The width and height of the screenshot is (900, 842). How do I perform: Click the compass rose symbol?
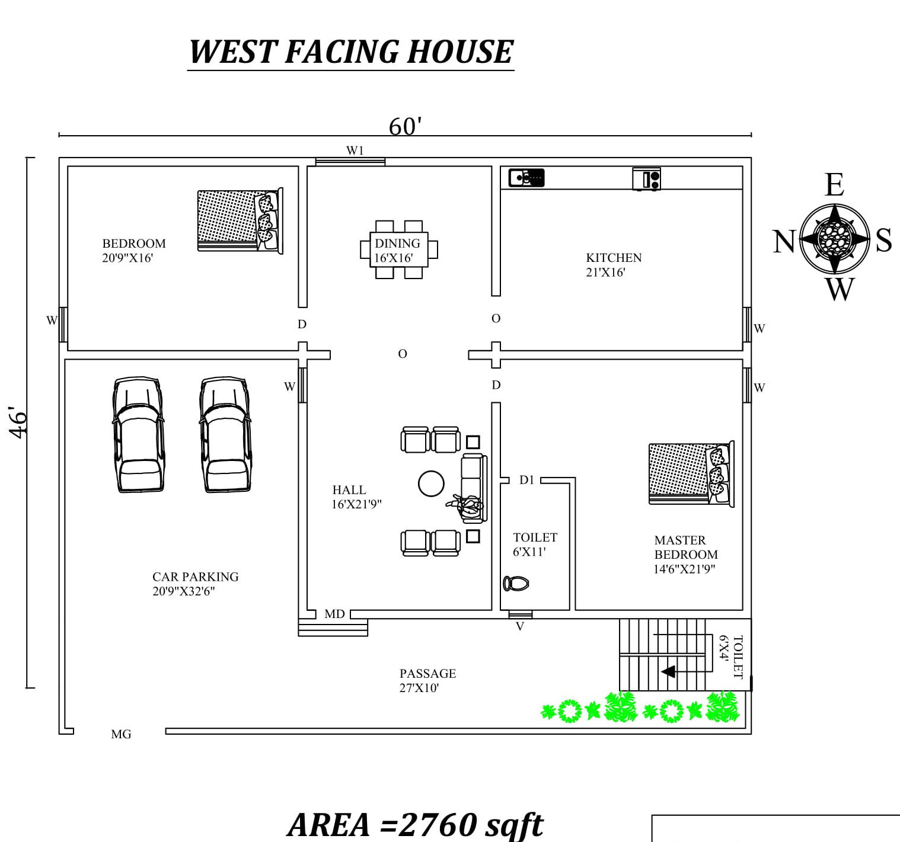click(x=834, y=239)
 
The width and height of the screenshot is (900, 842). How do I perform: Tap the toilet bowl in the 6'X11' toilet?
click(x=516, y=584)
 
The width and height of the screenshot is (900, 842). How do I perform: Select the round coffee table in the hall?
click(x=431, y=484)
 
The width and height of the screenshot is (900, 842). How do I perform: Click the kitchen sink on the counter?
click(x=526, y=178)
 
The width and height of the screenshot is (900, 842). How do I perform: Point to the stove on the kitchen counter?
click(x=646, y=179)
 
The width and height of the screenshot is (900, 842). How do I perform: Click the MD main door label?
click(x=334, y=614)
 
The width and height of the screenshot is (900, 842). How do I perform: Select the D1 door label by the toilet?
click(x=526, y=479)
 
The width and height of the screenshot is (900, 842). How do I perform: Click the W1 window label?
click(x=355, y=151)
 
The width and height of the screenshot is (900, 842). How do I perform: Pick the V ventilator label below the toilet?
click(x=520, y=626)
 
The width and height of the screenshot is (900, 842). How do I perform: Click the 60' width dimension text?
click(x=405, y=126)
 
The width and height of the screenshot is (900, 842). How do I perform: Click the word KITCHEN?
click(x=614, y=258)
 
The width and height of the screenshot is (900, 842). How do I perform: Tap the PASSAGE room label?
click(x=427, y=674)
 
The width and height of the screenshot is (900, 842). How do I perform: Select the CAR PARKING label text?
click(x=195, y=577)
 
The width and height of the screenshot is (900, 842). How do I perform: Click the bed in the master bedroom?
click(x=691, y=474)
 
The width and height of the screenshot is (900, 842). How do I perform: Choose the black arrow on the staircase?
click(x=668, y=672)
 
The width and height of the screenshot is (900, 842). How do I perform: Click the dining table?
click(x=399, y=249)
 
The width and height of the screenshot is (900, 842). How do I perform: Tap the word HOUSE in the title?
click(x=461, y=52)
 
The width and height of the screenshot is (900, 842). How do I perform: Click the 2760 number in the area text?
click(x=438, y=825)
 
